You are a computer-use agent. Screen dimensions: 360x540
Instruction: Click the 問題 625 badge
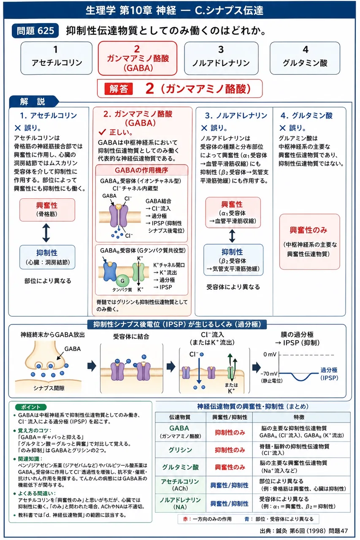(35, 31)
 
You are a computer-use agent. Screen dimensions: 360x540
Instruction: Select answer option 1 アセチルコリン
(57, 58)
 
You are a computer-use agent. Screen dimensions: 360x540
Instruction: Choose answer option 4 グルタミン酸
(305, 58)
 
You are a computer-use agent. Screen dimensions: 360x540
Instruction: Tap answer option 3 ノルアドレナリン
(221, 58)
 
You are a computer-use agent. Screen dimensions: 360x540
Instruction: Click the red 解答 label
(119, 89)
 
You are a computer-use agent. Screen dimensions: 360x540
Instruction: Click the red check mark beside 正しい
(102, 132)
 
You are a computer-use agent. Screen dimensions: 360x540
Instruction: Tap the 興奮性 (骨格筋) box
(47, 210)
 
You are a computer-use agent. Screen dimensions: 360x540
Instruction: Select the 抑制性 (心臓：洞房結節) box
(47, 257)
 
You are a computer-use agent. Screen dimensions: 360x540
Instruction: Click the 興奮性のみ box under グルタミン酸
(310, 242)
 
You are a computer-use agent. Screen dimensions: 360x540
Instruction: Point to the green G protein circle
(122, 281)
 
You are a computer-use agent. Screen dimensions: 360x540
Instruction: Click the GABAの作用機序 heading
(141, 170)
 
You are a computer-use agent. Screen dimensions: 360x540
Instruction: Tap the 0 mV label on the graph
(270, 354)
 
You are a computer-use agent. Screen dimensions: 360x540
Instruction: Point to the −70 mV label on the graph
(269, 374)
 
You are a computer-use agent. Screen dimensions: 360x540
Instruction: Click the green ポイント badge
(31, 407)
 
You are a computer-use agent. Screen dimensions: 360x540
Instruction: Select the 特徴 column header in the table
(299, 417)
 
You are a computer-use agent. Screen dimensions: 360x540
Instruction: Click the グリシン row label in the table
(180, 450)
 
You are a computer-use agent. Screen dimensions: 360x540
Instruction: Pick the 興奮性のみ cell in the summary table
(230, 467)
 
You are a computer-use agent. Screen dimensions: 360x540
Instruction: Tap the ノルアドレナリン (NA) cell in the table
(180, 503)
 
